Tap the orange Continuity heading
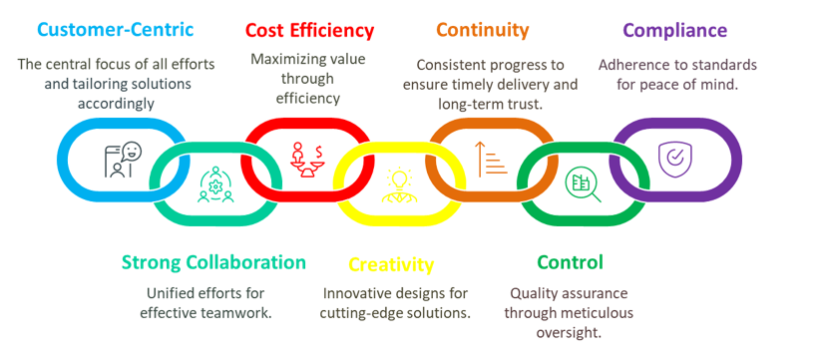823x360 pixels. coord(483,29)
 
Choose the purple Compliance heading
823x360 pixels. coord(674,30)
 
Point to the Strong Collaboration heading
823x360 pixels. coord(213,262)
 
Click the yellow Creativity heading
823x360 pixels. coord(391,264)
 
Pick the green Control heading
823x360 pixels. coord(570,262)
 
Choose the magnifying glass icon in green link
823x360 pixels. coord(583,183)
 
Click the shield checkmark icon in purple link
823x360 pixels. coord(672,157)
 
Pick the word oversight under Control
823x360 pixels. coord(570,333)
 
